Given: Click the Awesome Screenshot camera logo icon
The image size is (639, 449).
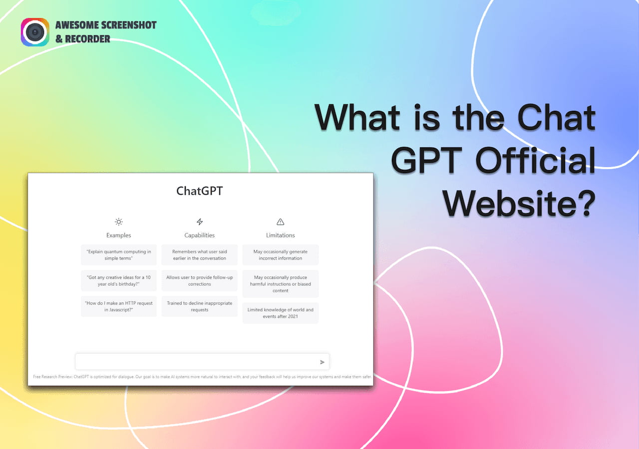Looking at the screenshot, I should tap(34, 32).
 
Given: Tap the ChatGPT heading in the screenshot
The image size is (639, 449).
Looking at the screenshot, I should tap(200, 191).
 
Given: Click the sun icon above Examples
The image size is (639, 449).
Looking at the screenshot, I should tap(118, 222).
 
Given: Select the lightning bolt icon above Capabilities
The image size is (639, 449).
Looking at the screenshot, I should tap(200, 222).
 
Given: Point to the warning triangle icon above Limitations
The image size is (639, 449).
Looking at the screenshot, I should tap(280, 222).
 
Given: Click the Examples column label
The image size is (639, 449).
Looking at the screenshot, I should tap(118, 235).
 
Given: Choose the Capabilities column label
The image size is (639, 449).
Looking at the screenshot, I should tap(200, 235).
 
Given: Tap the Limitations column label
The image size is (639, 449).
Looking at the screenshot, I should tap(280, 235).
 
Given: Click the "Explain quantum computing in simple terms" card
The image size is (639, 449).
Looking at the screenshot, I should tap(119, 255).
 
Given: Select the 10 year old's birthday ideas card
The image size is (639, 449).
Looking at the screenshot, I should tap(119, 281).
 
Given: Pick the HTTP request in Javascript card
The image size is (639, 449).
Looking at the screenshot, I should tap(119, 306).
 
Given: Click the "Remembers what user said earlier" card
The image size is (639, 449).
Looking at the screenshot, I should tap(200, 255).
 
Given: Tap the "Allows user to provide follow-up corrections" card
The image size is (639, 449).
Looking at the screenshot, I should tap(200, 281).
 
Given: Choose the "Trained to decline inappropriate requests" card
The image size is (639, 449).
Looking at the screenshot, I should tap(200, 306).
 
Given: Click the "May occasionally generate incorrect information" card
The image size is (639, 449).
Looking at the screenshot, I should tap(281, 255).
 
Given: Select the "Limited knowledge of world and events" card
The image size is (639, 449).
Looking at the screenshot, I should tap(281, 313).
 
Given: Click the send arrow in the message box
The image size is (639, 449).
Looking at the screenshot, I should tap(322, 362).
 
